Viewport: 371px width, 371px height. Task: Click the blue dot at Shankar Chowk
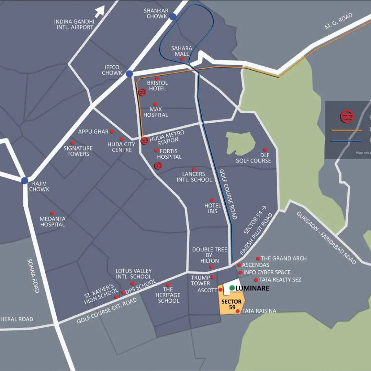(173, 16)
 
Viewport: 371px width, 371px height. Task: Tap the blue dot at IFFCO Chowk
(129, 74)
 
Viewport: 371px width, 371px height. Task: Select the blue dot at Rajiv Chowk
(24, 181)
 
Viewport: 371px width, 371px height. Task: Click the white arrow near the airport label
(100, 11)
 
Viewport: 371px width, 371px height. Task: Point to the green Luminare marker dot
(232, 288)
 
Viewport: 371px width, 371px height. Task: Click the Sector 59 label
(232, 304)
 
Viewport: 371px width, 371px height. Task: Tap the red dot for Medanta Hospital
(52, 213)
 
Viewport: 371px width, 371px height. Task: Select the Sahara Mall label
(182, 51)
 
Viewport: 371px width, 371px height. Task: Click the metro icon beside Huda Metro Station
(145, 140)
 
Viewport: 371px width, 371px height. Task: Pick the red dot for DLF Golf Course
(265, 149)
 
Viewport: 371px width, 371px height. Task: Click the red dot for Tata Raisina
(238, 311)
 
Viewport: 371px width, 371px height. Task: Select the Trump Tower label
(201, 280)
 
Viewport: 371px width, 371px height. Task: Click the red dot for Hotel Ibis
(212, 200)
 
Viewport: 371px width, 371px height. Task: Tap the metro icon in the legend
(347, 117)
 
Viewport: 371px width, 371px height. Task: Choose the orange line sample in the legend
(346, 130)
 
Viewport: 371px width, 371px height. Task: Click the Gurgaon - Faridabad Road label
(326, 237)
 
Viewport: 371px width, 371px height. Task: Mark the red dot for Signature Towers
(72, 143)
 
